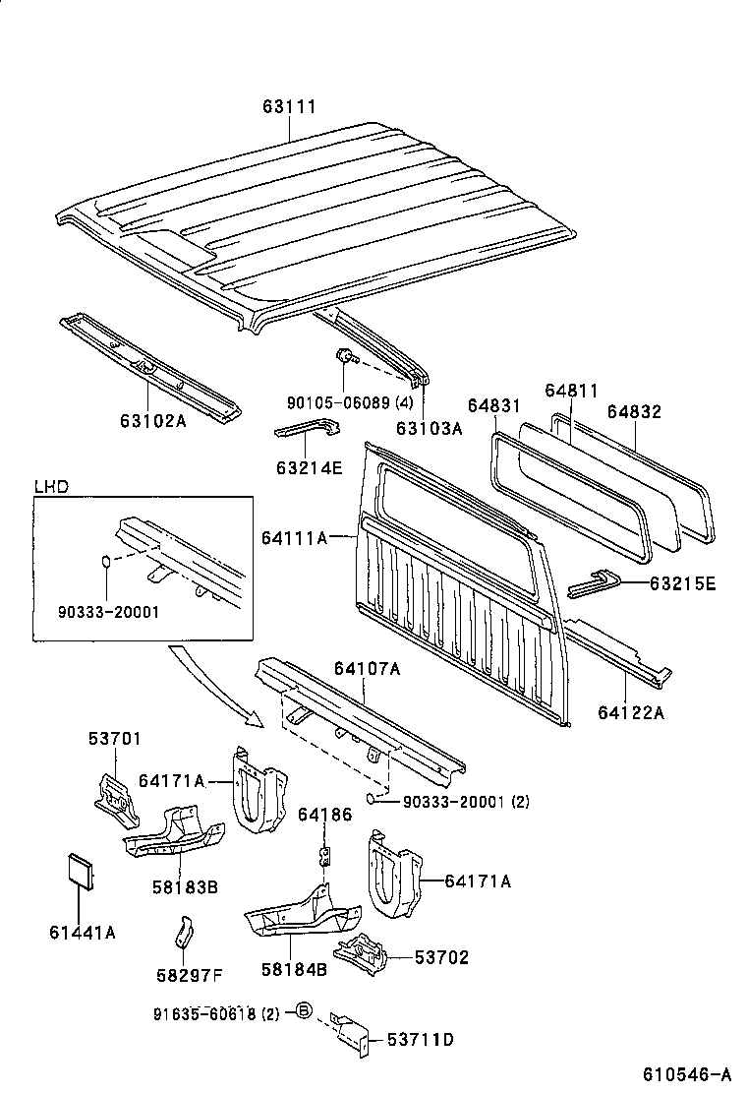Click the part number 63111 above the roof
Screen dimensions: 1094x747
click(289, 106)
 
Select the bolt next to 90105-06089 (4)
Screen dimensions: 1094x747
click(345, 359)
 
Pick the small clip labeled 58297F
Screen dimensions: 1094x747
click(185, 932)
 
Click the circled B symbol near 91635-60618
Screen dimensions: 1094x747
click(304, 1012)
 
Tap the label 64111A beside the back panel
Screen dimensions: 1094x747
click(294, 538)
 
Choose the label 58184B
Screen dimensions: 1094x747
click(294, 970)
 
